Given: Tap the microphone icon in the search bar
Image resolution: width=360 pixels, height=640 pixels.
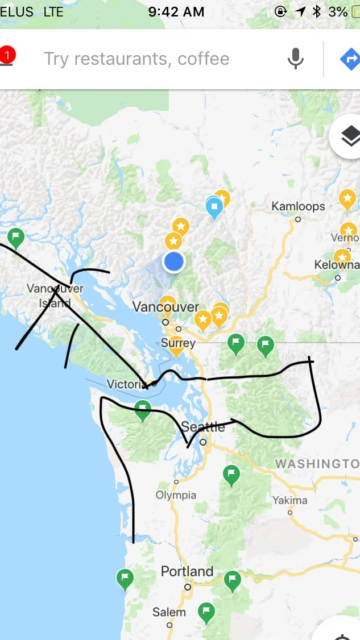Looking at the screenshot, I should point(295,59).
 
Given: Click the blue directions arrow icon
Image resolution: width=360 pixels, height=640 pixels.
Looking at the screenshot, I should point(350,59).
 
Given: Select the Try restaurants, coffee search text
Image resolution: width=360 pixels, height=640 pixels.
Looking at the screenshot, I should point(136,59).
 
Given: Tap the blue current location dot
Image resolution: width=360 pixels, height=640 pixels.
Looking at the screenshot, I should point(173,261).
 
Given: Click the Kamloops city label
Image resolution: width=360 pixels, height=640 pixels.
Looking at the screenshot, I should point(298,206).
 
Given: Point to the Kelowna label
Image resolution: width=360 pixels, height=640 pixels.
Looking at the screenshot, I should point(337,265).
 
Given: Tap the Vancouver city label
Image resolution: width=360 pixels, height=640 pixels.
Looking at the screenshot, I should point(165,307).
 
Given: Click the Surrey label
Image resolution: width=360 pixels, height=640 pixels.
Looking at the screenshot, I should point(178,343).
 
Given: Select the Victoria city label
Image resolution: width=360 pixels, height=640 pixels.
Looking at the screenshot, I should point(127,384).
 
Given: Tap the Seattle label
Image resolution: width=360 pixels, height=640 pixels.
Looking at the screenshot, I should point(203,427).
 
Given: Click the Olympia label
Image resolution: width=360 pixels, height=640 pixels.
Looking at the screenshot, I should point(176,495).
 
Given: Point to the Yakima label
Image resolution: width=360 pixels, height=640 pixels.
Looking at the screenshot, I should point(289,501).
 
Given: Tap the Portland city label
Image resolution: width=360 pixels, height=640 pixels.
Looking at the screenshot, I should point(187,571).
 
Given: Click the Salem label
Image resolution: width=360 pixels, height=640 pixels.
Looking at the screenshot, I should point(169,612).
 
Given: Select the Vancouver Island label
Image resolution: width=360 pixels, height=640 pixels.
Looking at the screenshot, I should point(55,296).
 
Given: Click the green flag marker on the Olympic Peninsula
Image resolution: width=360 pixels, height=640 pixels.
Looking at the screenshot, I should point(142,410).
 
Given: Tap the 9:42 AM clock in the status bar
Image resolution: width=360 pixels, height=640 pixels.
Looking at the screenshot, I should point(176,11).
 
